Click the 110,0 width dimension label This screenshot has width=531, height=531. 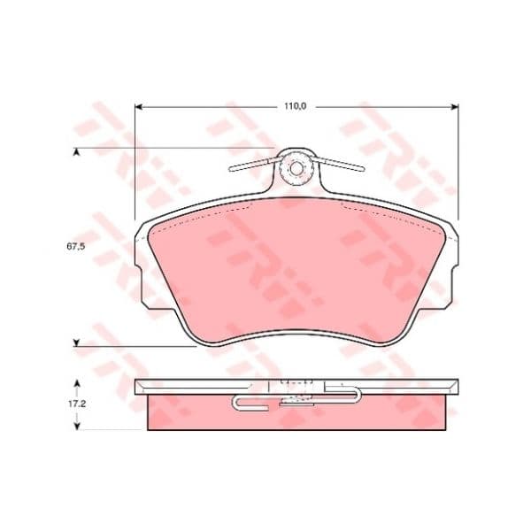click(295, 106)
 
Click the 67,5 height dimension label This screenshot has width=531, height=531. click(75, 247)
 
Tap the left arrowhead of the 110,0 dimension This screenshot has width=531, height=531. click(138, 107)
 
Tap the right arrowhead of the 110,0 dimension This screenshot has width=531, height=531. click(455, 107)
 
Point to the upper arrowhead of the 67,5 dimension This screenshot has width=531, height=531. click(77, 152)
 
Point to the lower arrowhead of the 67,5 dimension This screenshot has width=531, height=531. click(77, 342)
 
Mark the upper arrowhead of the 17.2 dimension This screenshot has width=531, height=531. click(77, 383)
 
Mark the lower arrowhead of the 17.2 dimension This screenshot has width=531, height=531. click(77, 426)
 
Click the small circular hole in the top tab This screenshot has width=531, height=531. click(296, 169)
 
